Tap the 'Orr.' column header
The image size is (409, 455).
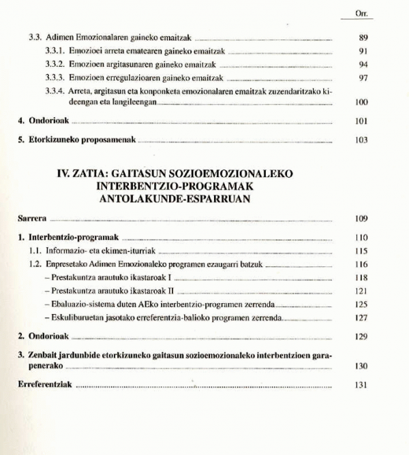361,14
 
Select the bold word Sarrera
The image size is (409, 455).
32,219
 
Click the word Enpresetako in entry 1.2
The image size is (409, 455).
69,264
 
